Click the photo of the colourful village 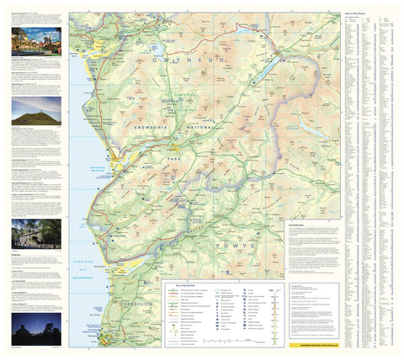tap(36, 42)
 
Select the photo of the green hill tap(36, 110)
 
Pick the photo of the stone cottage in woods tap(36, 233)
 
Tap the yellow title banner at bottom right tap(312, 344)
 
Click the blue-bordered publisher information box tap(312, 310)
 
